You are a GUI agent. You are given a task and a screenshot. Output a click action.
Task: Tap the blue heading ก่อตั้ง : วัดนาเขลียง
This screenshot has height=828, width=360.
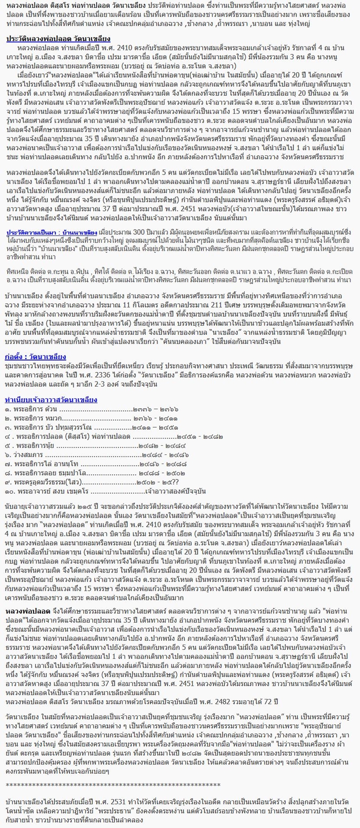pyautogui.click(x=35, y=357)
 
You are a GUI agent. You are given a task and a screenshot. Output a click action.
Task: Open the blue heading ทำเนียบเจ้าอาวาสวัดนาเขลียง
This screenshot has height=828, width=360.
pyautogui.click(x=51, y=400)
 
